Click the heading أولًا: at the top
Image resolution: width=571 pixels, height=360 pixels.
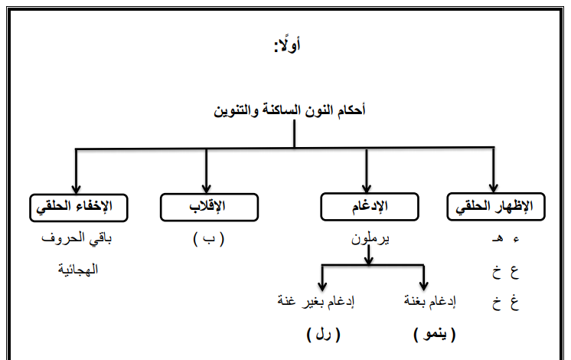pyautogui.click(x=287, y=45)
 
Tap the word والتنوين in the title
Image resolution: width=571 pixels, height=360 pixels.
pyautogui.click(x=236, y=110)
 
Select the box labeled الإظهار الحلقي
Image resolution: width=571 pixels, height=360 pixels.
pyautogui.click(x=496, y=207)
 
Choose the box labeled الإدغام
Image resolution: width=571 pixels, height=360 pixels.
pyautogui.click(x=370, y=207)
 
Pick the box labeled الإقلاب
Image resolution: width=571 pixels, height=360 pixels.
pyautogui.click(x=209, y=208)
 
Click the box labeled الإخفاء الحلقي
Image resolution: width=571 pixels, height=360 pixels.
pyautogui.click(x=79, y=208)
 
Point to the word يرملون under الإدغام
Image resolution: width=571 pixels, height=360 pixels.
pyautogui.click(x=370, y=239)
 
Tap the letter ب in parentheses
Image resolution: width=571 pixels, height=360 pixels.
pyautogui.click(x=209, y=239)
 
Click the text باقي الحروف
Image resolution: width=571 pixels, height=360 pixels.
pyautogui.click(x=77, y=239)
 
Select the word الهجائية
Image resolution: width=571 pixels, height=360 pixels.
pyautogui.click(x=78, y=270)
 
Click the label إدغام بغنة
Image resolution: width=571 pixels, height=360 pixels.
pyautogui.click(x=429, y=301)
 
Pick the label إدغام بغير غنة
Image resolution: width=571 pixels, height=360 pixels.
pyautogui.click(x=315, y=301)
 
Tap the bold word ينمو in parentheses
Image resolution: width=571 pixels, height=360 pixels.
pyautogui.click(x=435, y=334)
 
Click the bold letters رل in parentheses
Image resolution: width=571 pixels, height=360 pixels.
pyautogui.click(x=323, y=334)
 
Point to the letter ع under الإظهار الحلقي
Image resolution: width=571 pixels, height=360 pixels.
pyautogui.click(x=514, y=272)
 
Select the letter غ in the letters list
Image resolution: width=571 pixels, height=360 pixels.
pyautogui.click(x=514, y=302)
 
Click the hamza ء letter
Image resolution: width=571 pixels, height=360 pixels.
pyautogui.click(x=516, y=240)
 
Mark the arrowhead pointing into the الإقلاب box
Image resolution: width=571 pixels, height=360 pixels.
pyautogui.click(x=206, y=188)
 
